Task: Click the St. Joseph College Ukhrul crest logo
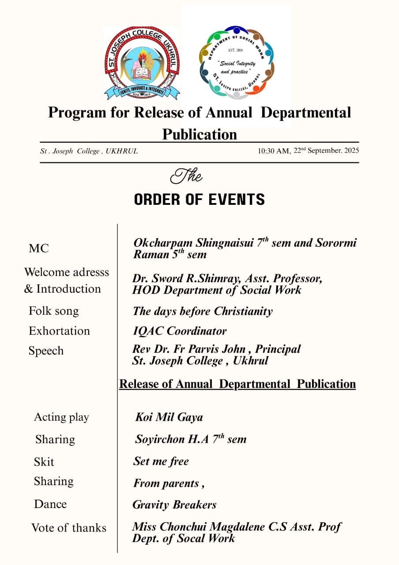coord(142,63)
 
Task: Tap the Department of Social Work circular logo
coord(237,62)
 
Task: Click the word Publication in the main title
coord(199,134)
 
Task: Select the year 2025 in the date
coord(351,150)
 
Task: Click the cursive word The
coord(186,177)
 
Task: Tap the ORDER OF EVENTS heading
coord(199,200)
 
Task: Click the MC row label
coord(39,249)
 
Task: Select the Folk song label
coord(54,311)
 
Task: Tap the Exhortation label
coord(59,331)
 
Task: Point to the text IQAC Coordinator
coord(180,331)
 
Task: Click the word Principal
coord(278,349)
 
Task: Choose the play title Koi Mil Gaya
coord(169,417)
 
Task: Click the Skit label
coord(44,462)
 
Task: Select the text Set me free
coord(161,461)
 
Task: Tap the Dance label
coord(50,504)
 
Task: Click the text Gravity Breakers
coord(175,505)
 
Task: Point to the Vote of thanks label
coord(69,528)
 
